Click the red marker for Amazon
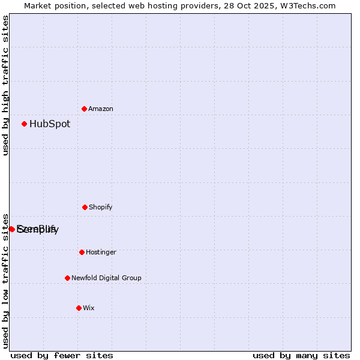85,109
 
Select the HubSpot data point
25,124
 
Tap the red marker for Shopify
85,207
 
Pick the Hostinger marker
82,252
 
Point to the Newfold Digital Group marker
67,278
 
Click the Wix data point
79,308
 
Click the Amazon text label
101,109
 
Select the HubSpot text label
50,124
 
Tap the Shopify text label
101,207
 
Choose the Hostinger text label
101,252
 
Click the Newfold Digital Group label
106,278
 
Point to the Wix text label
89,308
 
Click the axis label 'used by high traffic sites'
5,85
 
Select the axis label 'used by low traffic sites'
5,280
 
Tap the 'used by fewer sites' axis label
62,355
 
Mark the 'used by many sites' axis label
301,355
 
